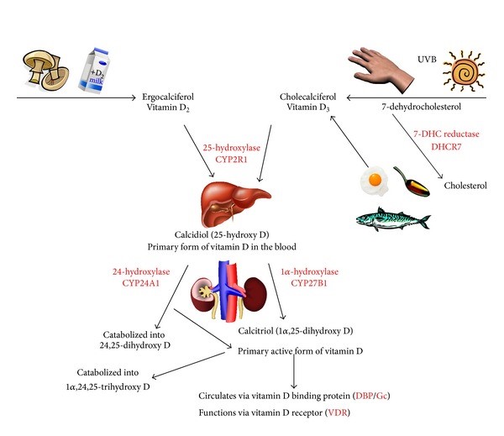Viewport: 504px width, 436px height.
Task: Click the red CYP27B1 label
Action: [x=307, y=282]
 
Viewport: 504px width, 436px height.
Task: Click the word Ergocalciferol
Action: [x=174, y=97]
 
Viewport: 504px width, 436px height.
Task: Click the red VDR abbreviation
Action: [x=336, y=414]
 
